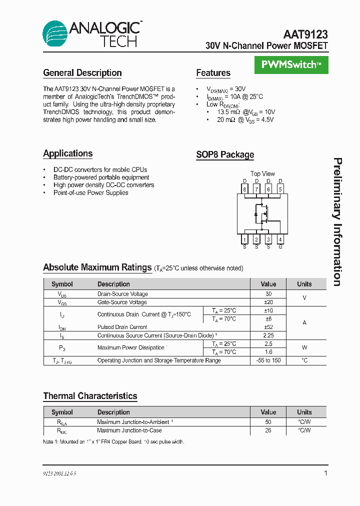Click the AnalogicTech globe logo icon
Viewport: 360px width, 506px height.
(x=54, y=33)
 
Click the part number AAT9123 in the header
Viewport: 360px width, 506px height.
(x=305, y=34)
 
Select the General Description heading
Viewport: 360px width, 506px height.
(x=82, y=73)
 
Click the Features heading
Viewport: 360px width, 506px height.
(x=213, y=73)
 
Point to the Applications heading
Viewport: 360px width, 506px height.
(x=68, y=153)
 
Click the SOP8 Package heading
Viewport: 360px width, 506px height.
(x=225, y=155)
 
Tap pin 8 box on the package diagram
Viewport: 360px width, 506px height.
(x=244, y=189)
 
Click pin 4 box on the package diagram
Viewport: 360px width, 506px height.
(x=280, y=240)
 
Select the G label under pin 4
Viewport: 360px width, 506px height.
(x=280, y=247)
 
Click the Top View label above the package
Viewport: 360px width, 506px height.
(x=262, y=174)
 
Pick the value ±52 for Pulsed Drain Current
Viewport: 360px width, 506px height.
(x=268, y=327)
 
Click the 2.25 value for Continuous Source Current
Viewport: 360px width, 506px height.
(x=268, y=335)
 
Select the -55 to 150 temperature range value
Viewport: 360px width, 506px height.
(x=268, y=360)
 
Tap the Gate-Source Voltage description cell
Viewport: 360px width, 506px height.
(x=122, y=302)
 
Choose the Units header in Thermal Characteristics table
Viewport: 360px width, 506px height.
(x=304, y=412)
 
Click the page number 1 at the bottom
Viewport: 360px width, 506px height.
(x=325, y=473)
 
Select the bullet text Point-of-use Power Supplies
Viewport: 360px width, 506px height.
(x=90, y=192)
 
